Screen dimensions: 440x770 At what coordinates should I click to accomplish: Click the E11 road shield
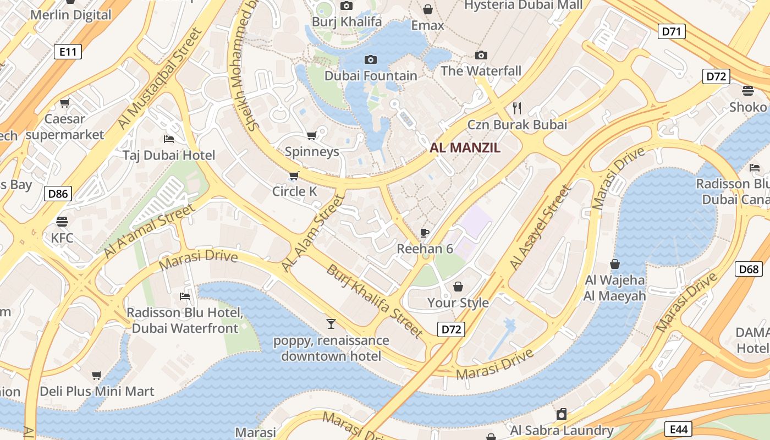coord(68,52)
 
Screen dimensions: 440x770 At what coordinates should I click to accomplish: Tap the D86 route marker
coord(58,193)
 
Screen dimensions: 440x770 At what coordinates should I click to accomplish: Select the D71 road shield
coord(672,31)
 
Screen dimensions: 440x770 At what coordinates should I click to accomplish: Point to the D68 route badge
coord(749,269)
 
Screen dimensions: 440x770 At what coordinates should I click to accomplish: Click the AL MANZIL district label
coord(465,147)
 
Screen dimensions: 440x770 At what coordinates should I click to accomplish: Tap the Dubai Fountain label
coord(371,75)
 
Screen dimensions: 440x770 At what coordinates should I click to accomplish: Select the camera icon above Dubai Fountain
coord(371,59)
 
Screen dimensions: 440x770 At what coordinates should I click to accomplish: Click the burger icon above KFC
coord(62,221)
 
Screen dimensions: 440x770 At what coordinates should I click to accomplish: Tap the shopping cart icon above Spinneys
coord(311,135)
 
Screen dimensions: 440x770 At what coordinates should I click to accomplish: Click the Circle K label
coord(295,191)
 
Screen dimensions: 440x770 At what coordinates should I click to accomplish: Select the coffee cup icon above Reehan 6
coord(425,232)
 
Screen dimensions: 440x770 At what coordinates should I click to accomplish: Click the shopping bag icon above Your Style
coord(458,286)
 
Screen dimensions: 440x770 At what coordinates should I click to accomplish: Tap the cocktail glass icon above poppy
coord(331,323)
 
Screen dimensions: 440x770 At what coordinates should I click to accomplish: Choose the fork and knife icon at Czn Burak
coord(516,107)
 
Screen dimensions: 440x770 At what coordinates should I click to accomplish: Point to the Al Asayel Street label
coord(541,227)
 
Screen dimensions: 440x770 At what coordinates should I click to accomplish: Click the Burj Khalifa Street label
coord(375,301)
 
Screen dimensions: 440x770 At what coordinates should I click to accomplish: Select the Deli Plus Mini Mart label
coord(97,391)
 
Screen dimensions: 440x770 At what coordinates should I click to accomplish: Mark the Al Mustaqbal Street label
coord(159,79)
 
